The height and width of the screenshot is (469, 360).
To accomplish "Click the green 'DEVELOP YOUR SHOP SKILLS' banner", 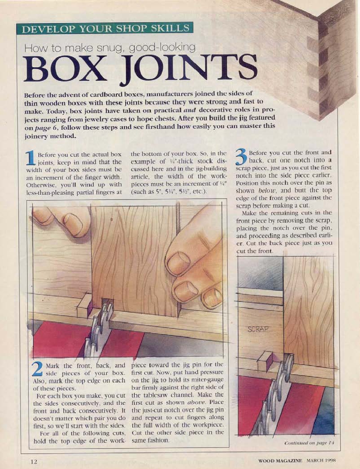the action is pos(104,28).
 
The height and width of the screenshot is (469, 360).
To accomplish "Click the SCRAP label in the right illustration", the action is pos(258,329).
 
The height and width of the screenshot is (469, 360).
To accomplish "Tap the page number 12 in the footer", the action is pos(34,462).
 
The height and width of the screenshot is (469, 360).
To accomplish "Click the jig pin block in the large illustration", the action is pos(84,306).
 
